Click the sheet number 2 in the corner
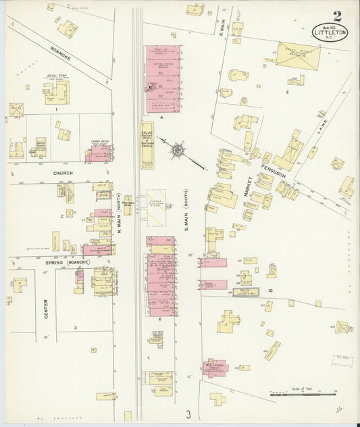[336, 16]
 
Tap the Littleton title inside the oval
[331, 30]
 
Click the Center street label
[47, 308]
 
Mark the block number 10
[269, 291]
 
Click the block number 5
[286, 91]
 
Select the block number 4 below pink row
[161, 118]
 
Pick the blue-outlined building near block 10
[247, 293]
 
